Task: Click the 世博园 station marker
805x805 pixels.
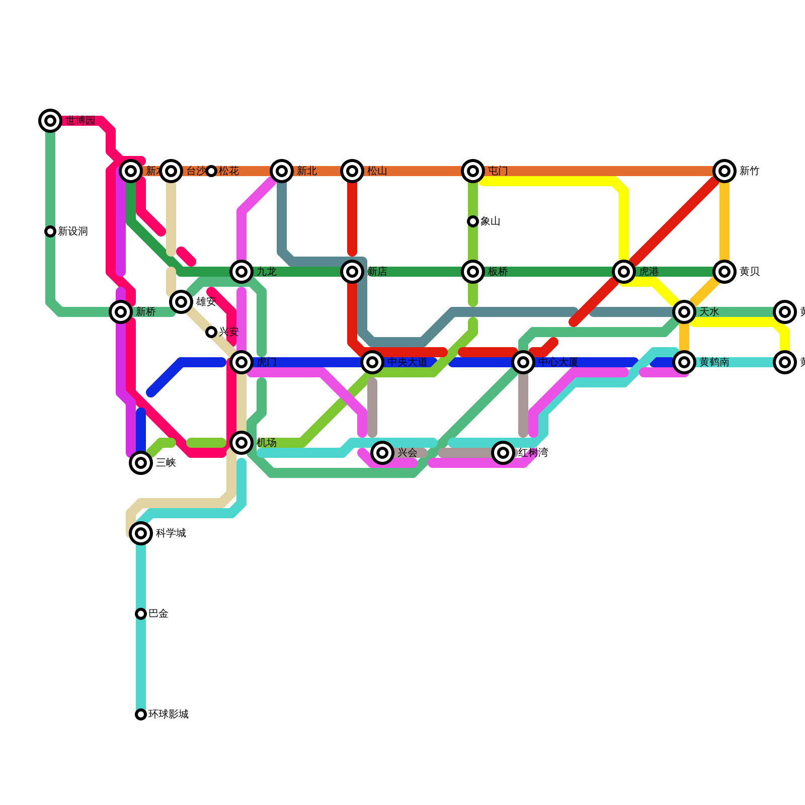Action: coord(50,121)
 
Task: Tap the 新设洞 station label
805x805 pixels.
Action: coord(72,231)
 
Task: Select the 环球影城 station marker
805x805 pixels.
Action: coord(141,714)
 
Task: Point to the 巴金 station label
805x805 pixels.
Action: coord(158,614)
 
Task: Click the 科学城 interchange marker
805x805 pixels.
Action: coord(141,533)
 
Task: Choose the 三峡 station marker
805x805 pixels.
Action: coord(141,463)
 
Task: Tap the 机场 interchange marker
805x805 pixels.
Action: coord(242,443)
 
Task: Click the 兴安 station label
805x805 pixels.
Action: coord(228,332)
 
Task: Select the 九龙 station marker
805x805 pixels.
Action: coord(242,272)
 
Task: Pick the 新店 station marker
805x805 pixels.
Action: coord(352,272)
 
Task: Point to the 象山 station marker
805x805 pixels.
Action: coord(473,221)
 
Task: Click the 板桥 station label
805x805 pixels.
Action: coord(498,272)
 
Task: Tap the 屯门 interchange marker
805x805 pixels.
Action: coord(473,171)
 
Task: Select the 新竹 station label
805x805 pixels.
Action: coord(749,171)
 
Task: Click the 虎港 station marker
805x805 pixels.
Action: coord(624,272)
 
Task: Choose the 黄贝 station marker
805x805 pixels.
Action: coord(725,272)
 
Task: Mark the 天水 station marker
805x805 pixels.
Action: coord(684,312)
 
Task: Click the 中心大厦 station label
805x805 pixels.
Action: coord(558,362)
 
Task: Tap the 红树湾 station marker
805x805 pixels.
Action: coord(503,453)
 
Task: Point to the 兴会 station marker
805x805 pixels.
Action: coord(382,453)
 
